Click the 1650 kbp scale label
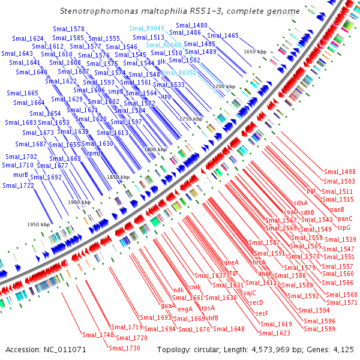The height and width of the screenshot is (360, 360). tap(254, 52)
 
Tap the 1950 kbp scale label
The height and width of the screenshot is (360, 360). tap(37, 224)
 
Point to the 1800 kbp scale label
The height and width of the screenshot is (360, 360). tap(154, 149)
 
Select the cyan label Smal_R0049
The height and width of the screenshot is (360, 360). tap(146, 28)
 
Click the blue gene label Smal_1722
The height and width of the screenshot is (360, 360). tap(18, 185)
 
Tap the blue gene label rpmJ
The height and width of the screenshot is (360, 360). tap(94, 153)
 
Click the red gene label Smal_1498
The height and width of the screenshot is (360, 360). tap(340, 172)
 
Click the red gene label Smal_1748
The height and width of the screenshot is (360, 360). tap(98, 335)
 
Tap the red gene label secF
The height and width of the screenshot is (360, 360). tap(262, 313)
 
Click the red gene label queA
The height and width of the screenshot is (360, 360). tap(231, 262)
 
